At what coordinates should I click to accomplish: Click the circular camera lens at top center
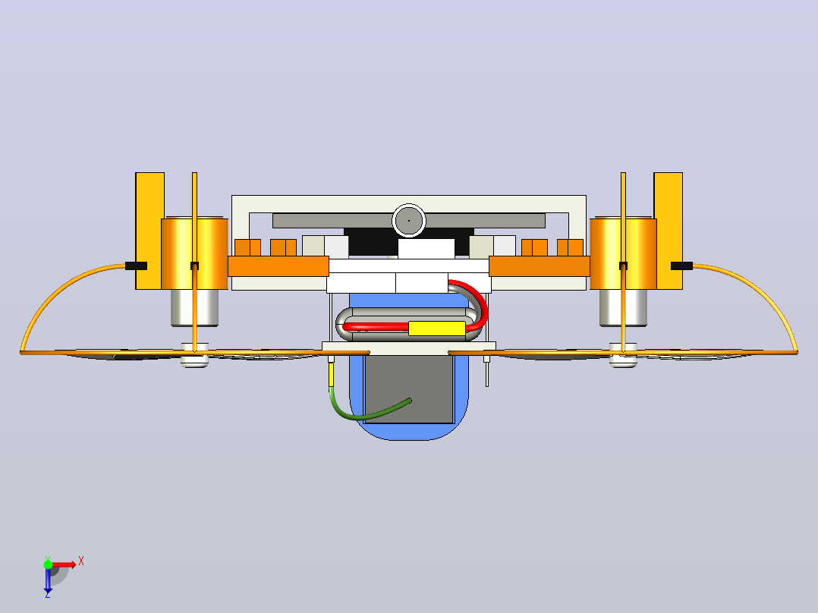click(409, 221)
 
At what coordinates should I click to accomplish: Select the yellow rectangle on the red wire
click(436, 329)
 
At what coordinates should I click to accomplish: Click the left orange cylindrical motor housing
click(194, 253)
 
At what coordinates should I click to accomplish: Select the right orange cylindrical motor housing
click(624, 253)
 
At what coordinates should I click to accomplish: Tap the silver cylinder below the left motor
click(194, 308)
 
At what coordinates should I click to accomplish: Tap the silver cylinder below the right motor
click(624, 308)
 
